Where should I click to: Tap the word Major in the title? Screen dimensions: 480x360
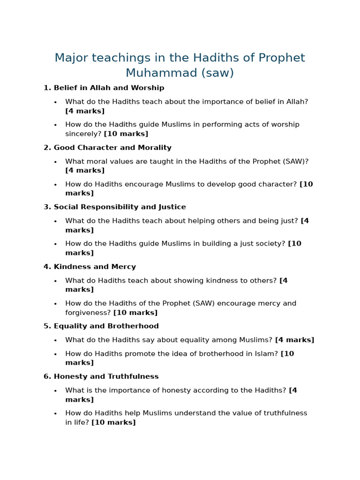[x=71, y=58]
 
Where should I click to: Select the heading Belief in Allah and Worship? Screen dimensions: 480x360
[x=109, y=88]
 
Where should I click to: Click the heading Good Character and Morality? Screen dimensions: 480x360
[x=112, y=148]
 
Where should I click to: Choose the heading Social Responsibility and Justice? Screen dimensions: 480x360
[x=120, y=207]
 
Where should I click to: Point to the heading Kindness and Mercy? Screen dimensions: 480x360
[x=95, y=267]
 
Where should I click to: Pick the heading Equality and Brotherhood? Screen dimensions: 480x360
[x=106, y=326]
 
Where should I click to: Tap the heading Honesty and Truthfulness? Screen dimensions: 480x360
[x=106, y=376]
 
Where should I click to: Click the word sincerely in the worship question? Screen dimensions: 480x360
[x=83, y=134]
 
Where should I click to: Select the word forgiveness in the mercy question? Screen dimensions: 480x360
[x=88, y=313]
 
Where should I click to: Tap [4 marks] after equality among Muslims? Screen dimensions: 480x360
[x=294, y=340]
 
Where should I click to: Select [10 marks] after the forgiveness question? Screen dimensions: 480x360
[x=135, y=313]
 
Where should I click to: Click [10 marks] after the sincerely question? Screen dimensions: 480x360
[x=126, y=134]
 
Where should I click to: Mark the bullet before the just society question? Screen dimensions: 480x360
[x=55, y=244]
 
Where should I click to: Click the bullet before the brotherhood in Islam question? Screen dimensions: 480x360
[x=55, y=354]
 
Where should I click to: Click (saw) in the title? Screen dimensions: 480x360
[x=218, y=73]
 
